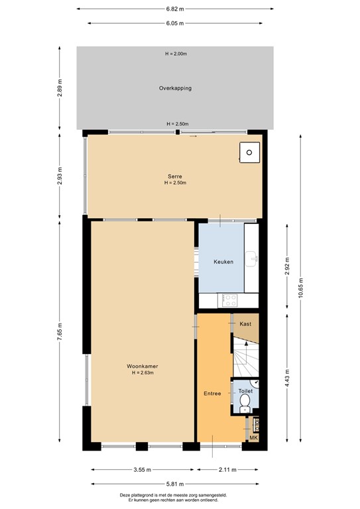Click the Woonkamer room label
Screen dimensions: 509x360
coord(142,366)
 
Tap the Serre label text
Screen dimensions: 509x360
coord(175,176)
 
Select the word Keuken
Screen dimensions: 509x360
coord(223,262)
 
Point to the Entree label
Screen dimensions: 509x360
coord(212,393)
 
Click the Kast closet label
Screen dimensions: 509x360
coord(245,323)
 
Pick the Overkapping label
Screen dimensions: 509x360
coord(175,88)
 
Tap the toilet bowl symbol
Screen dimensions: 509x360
coord(245,402)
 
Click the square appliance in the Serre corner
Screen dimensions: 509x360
coord(249,152)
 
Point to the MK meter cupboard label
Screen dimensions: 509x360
coord(253,438)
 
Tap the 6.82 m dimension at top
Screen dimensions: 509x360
coord(175,9)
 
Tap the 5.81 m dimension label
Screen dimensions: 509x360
coord(175,484)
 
